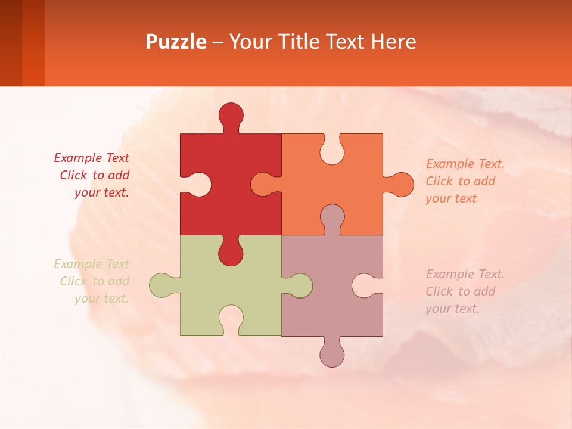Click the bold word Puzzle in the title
coord(176,42)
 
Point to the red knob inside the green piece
coord(231,253)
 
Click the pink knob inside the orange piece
coord(332,217)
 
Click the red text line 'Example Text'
coord(91,158)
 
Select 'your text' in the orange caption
coord(451,198)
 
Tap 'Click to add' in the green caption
coord(95,281)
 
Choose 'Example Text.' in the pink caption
coord(465,274)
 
